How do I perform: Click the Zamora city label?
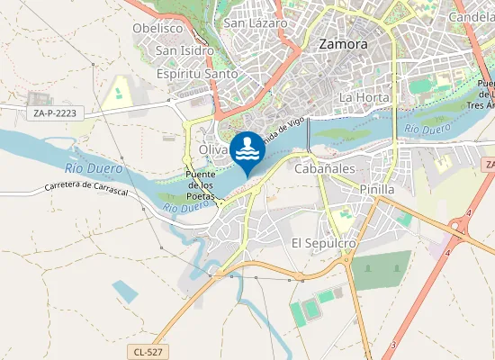coord(344,43)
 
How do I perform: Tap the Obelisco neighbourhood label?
coord(157,28)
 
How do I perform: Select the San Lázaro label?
coord(256,23)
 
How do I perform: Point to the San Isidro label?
coord(184,51)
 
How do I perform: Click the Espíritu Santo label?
coord(197,74)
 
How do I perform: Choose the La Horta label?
coord(364,97)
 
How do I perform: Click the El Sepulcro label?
coord(324,244)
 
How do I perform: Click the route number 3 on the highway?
coord(393,345)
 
